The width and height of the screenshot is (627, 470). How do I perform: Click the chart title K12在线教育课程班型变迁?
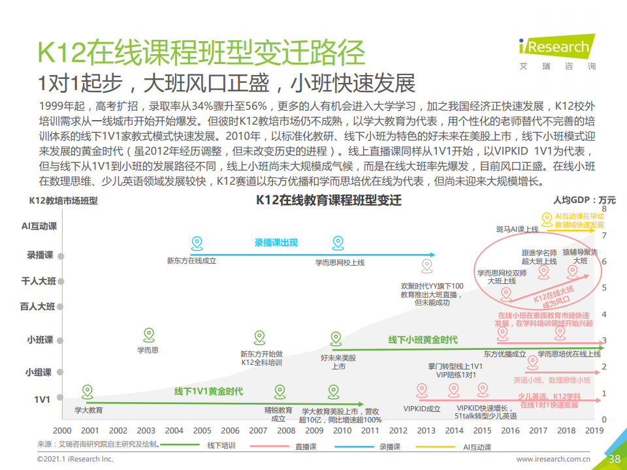click(x=328, y=200)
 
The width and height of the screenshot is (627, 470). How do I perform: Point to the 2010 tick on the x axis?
click(x=342, y=430)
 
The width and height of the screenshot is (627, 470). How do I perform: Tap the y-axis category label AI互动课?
click(x=39, y=226)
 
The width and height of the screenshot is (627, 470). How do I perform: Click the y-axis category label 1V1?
click(x=42, y=398)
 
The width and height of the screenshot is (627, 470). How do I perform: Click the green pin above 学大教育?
click(x=87, y=392)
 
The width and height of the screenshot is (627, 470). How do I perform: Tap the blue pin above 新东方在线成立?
click(x=197, y=244)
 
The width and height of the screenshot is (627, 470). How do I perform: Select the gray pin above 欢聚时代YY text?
click(x=426, y=265)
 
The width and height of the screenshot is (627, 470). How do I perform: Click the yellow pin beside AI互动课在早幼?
click(x=547, y=219)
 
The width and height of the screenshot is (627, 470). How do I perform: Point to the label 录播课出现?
click(x=276, y=243)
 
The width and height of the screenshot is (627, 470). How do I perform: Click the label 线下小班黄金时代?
click(x=423, y=340)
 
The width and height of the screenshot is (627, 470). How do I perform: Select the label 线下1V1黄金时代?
click(x=208, y=392)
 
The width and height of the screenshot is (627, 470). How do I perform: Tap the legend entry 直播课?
click(x=305, y=447)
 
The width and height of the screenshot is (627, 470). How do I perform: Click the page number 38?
click(x=613, y=459)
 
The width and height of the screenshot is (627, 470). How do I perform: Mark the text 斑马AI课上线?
click(x=517, y=230)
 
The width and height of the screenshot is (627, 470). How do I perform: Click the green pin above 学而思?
click(x=148, y=335)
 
